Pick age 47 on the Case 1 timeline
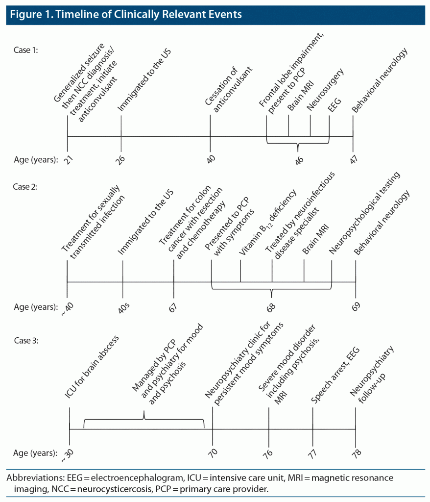click(354, 159)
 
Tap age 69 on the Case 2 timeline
click(356, 306)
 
